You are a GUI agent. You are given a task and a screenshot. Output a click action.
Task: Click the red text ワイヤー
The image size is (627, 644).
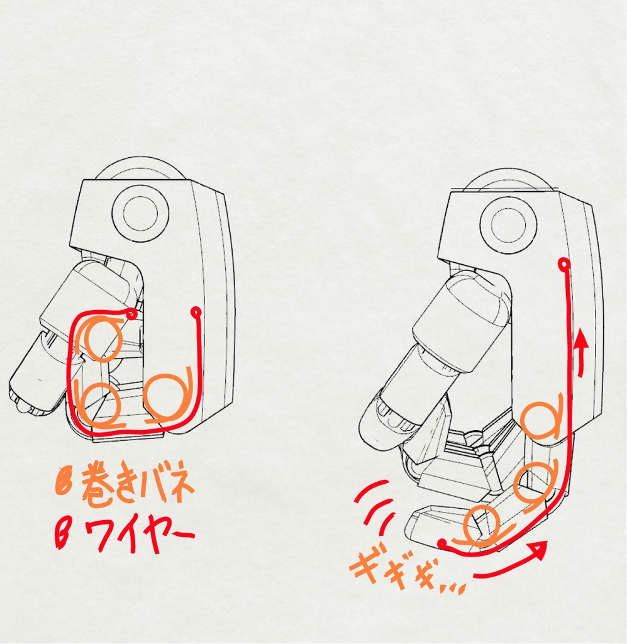pyautogui.click(x=137, y=536)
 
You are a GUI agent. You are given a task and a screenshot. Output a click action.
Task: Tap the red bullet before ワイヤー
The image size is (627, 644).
pyautogui.click(x=64, y=535)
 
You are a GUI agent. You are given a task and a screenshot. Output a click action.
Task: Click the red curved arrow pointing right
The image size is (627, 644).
pyautogui.click(x=509, y=563)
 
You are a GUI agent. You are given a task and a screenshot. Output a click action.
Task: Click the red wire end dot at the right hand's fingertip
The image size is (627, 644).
pyautogui.click(x=443, y=541)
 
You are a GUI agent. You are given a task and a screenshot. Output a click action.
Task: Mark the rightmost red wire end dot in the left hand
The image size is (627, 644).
pyautogui.click(x=196, y=311)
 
